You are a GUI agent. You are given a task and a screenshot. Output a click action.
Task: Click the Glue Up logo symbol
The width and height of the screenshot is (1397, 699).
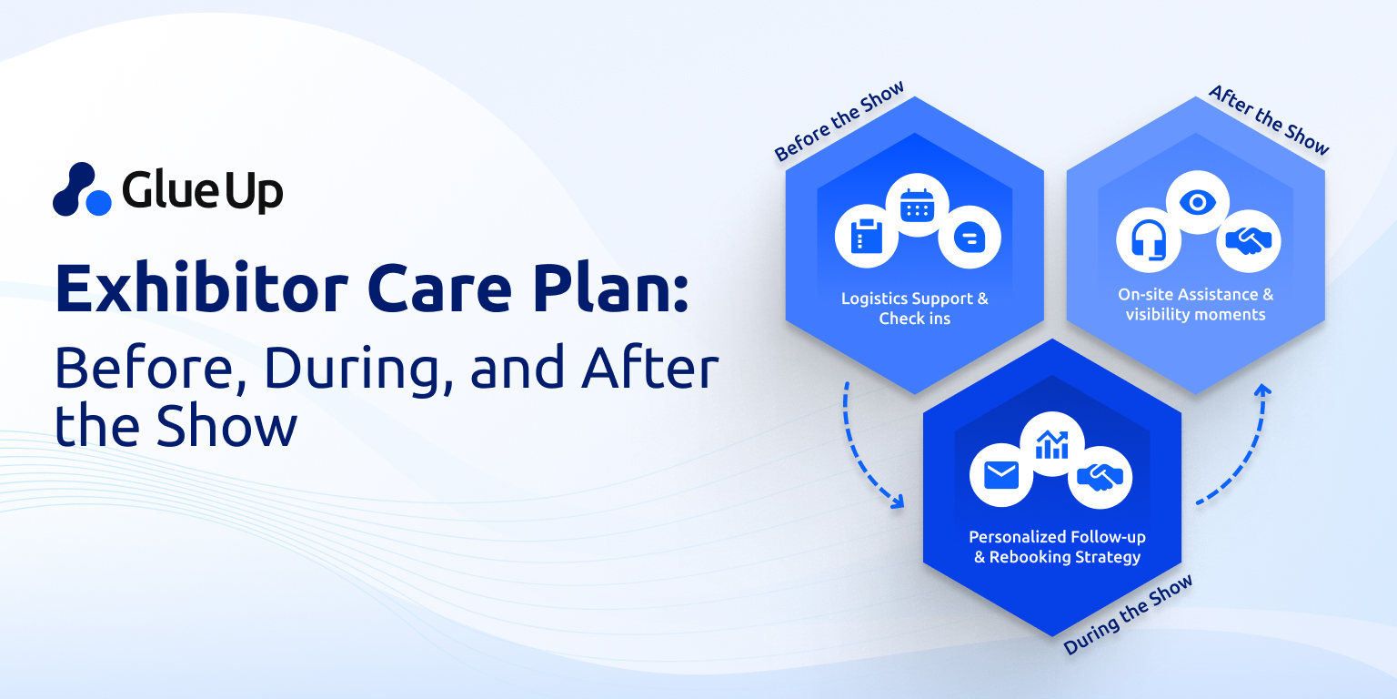pos(83,189)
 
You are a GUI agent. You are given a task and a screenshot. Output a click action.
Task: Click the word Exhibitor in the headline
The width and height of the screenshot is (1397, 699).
pos(201,289)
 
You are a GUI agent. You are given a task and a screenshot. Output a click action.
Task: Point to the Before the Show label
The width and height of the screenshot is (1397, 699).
pos(839,121)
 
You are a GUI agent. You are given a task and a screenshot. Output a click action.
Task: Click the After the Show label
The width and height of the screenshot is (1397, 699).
pos(1269,120)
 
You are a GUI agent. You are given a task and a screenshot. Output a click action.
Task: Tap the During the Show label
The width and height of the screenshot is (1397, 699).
pos(1128,614)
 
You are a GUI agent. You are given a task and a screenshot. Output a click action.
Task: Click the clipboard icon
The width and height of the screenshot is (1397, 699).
pos(866,236)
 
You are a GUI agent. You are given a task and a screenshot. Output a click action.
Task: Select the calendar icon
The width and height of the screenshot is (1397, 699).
pos(918,205)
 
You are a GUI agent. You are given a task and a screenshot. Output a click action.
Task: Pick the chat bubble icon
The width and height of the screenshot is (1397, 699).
pos(970,238)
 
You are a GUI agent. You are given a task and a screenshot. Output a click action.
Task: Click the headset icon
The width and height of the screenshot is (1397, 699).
pos(1149,239)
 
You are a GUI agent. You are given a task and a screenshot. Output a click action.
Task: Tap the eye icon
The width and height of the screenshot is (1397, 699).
pos(1198,202)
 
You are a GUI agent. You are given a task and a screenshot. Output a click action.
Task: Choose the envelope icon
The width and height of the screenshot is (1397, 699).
pos(1001,475)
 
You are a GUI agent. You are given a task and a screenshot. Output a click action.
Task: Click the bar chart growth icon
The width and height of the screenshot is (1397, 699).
pos(1052,444)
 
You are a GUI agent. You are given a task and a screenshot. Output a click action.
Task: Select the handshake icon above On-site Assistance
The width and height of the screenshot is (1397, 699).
pos(1249,241)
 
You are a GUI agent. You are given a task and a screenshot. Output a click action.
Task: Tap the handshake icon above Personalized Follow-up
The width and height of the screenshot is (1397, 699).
pos(1101,478)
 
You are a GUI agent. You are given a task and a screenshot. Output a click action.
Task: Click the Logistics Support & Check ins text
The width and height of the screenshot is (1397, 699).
pos(915,309)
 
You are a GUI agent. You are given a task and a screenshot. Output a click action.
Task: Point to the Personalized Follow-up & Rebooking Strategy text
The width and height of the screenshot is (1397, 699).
pos(1057,547)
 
